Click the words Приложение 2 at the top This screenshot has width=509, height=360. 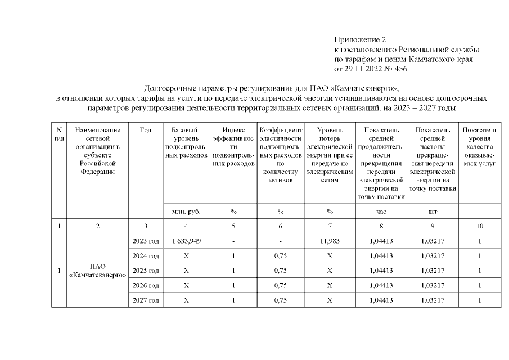[x=361, y=39]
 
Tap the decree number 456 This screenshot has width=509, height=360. [x=400, y=69]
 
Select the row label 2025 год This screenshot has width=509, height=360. [x=145, y=271]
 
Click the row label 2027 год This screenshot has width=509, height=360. [x=145, y=300]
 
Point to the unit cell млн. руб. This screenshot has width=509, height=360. [x=186, y=211]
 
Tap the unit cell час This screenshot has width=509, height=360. [x=381, y=211]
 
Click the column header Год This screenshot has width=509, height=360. [x=145, y=130]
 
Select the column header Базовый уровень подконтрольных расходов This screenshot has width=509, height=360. [x=186, y=142]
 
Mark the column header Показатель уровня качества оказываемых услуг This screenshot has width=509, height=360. [x=479, y=146]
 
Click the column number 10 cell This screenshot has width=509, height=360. [x=479, y=226]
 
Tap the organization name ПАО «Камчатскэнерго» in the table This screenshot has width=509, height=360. [x=97, y=271]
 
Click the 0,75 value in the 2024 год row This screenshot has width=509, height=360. [x=280, y=256]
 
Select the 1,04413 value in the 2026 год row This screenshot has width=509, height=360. [x=381, y=285]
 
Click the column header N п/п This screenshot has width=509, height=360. [x=59, y=134]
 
